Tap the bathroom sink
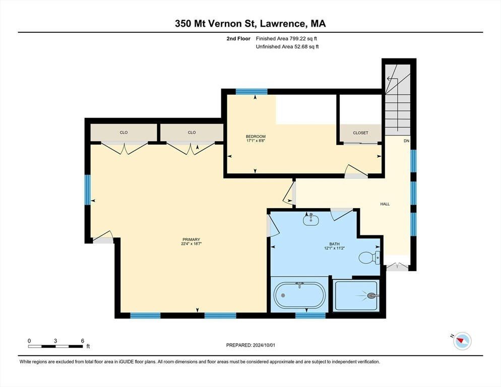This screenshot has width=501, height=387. (310, 220)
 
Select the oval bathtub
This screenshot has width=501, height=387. (300, 295)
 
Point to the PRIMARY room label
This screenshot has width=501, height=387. (191, 239)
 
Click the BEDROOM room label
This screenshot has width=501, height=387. (256, 137)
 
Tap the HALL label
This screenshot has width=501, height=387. (385, 204)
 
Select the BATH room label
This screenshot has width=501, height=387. (335, 244)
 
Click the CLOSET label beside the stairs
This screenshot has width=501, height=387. (360, 133)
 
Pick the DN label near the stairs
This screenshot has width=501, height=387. (406, 141)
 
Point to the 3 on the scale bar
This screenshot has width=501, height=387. (55, 341)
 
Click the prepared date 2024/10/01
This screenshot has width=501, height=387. (264, 345)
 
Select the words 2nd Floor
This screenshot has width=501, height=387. (238, 39)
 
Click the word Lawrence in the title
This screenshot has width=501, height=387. (281, 24)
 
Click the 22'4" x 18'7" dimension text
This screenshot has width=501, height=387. (191, 243)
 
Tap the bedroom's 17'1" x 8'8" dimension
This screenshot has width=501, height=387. (256, 141)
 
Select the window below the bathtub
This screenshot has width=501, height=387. (310, 315)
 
